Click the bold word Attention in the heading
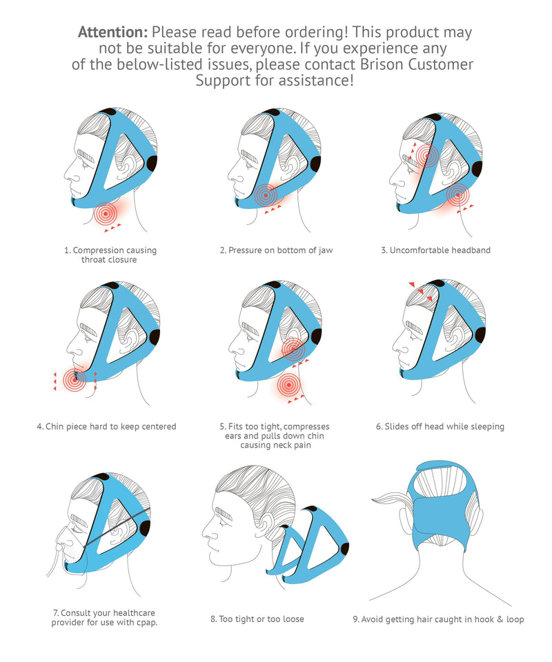tap(112, 32)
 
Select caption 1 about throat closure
tap(110, 254)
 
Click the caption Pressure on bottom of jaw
tap(276, 250)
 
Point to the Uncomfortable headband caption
tap(435, 250)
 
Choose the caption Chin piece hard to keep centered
tap(106, 426)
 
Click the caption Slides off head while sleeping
tap(440, 426)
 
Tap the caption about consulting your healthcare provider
tap(110, 617)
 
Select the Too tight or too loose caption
tap(257, 619)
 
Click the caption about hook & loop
tap(438, 619)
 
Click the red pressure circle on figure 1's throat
tap(105, 214)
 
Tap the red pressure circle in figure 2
tap(265, 196)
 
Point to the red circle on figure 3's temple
tap(428, 157)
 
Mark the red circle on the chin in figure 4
tap(75, 379)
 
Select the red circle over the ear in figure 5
tap(293, 350)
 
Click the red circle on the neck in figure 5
tap(289, 385)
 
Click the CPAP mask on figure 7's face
tap(65, 539)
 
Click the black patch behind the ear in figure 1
tap(152, 164)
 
